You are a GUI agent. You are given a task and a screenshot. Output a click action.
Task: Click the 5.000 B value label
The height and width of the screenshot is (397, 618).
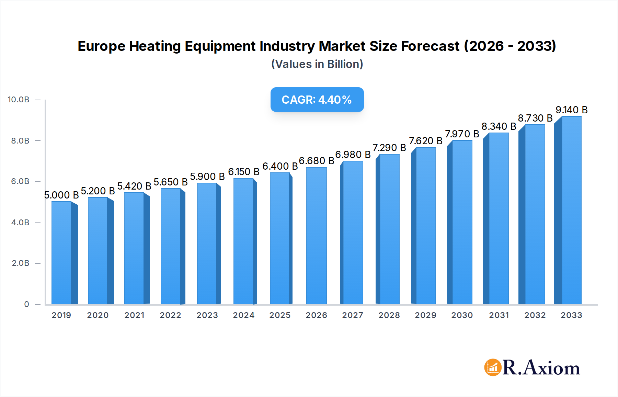pyautogui.click(x=61, y=195)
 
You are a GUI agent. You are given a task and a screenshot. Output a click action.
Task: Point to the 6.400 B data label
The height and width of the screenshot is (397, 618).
pyautogui.click(x=280, y=166)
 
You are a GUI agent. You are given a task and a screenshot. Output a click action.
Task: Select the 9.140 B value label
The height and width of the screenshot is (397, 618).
pyautogui.click(x=571, y=110)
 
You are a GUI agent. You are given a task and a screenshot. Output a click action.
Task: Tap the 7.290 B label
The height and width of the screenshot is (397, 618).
pyautogui.click(x=389, y=148)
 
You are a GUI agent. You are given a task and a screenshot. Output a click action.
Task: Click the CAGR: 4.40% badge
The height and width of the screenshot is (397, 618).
pyautogui.click(x=317, y=100)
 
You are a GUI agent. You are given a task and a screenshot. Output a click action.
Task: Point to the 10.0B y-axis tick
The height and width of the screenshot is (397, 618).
pyautogui.click(x=19, y=100)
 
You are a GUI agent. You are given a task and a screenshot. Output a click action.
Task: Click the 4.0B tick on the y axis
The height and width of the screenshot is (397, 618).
pyautogui.click(x=20, y=222)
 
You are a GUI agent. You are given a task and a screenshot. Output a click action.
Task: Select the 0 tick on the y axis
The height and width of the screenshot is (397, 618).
pyautogui.click(x=26, y=304)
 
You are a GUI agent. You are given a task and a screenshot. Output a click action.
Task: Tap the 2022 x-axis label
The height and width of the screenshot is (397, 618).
pyautogui.click(x=170, y=315)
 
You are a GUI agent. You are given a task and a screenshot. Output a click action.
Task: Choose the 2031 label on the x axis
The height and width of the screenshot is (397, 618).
pyautogui.click(x=499, y=315)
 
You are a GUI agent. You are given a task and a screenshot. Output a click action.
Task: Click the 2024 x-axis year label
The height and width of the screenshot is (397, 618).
pyautogui.click(x=243, y=315)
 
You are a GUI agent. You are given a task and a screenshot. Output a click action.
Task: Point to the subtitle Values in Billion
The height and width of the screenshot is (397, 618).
pyautogui.click(x=317, y=64)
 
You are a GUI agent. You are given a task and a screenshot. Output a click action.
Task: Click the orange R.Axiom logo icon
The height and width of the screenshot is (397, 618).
pyautogui.click(x=493, y=367)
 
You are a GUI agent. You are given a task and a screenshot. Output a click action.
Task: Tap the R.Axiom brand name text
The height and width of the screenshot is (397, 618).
pyautogui.click(x=541, y=368)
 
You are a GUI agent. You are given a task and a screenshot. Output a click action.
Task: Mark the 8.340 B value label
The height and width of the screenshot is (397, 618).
pyautogui.click(x=499, y=126)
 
